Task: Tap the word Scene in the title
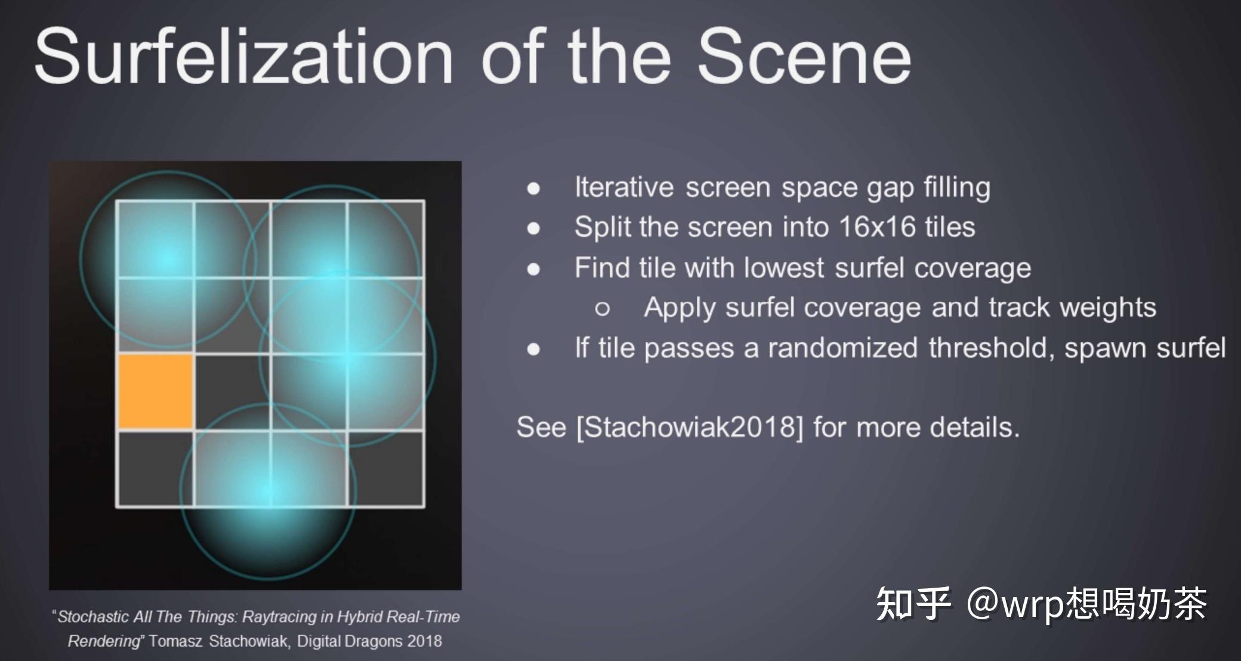[804, 57]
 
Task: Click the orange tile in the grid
[156, 391]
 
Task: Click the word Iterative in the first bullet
[624, 187]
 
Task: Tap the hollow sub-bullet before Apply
[602, 308]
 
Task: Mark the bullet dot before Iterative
[533, 189]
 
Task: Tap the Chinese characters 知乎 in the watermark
[913, 604]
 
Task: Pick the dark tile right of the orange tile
[233, 391]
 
